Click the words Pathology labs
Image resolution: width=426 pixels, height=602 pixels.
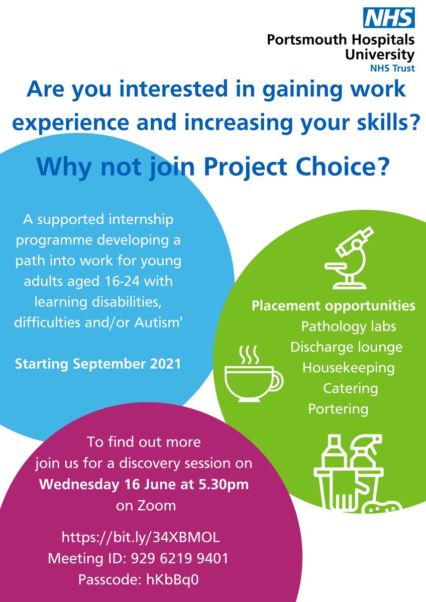click(x=349, y=327)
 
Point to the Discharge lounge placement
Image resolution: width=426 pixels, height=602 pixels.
click(x=346, y=347)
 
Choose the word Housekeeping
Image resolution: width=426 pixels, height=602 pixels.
click(x=348, y=368)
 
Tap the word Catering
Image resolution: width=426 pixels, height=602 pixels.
click(x=350, y=388)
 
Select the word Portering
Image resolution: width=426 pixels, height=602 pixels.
click(x=338, y=409)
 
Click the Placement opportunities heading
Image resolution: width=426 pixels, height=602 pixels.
click(x=334, y=306)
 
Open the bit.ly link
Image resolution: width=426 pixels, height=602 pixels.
click(x=141, y=537)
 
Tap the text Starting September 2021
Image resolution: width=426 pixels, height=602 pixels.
click(x=98, y=363)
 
